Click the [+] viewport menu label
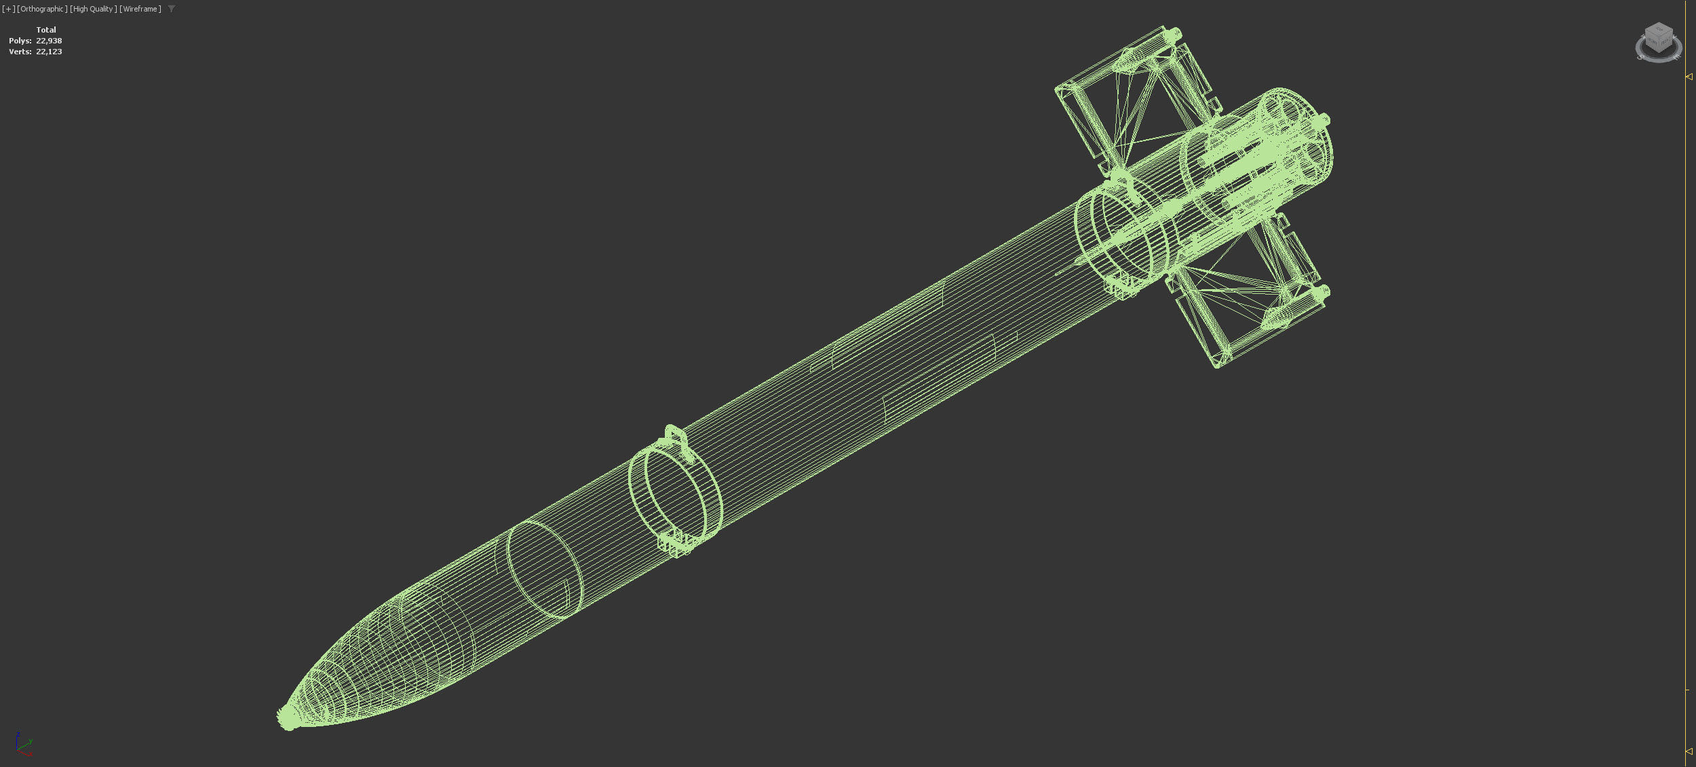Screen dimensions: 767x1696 coord(8,9)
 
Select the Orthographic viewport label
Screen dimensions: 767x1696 coord(42,9)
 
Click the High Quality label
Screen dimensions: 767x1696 coord(93,9)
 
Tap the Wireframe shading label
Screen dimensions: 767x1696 coord(140,9)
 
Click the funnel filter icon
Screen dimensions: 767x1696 coord(172,9)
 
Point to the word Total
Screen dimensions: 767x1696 coord(46,30)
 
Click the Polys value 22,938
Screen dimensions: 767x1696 coord(49,41)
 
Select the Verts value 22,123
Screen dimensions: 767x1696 coord(49,52)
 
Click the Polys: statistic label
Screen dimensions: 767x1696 coord(20,41)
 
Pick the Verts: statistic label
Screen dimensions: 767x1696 coord(20,52)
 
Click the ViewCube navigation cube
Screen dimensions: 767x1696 coord(1658,41)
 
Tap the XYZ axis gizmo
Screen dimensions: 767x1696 coord(23,744)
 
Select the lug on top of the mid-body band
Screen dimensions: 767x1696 coord(674,436)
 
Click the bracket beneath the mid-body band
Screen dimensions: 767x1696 coord(676,544)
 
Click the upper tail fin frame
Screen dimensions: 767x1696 coord(1133,95)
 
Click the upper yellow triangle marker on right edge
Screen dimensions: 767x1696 coord(1689,77)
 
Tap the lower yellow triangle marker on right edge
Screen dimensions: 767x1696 coord(1689,751)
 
